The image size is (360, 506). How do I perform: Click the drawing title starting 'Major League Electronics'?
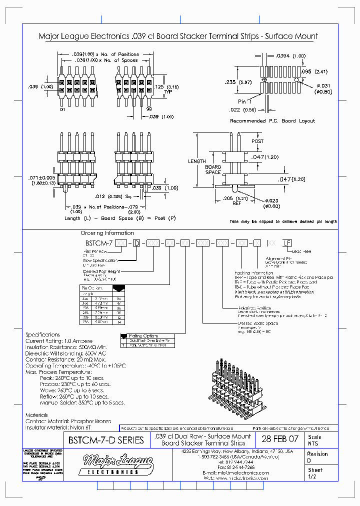click(x=178, y=36)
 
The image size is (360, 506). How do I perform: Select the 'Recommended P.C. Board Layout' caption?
click(x=272, y=121)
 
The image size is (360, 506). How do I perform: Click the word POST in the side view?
click(x=257, y=141)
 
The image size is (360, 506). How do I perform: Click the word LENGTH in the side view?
click(x=196, y=161)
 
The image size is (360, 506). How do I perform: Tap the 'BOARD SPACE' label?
click(x=213, y=169)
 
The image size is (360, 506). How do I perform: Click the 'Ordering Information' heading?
click(x=107, y=233)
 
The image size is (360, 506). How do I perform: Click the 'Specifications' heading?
click(x=42, y=334)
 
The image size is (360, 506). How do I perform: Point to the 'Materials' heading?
click(x=36, y=415)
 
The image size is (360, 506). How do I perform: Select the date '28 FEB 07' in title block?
click(x=280, y=440)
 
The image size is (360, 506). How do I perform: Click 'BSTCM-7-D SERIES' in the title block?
click(x=105, y=440)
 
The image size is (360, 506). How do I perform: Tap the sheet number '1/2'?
click(x=312, y=477)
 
